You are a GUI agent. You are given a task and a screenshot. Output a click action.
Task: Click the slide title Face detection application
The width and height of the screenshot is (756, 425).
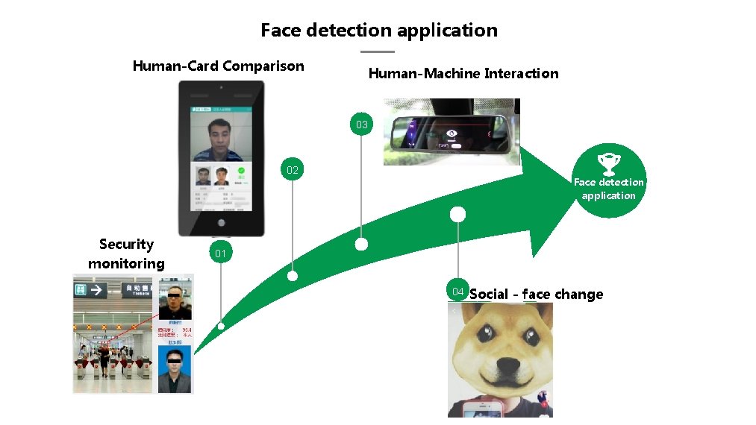pyautogui.click(x=378, y=31)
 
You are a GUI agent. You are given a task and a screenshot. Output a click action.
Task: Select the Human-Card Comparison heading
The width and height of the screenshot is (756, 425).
pyautogui.click(x=218, y=66)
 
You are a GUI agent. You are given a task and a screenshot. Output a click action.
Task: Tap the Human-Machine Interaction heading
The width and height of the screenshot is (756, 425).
pyautogui.click(x=463, y=73)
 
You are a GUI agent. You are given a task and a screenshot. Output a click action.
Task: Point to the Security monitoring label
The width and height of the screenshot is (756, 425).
pyautogui.click(x=126, y=254)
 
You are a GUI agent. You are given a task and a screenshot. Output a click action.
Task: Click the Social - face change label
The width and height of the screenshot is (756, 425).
pyautogui.click(x=536, y=294)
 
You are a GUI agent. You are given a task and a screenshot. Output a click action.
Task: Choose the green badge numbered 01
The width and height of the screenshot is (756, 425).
pyautogui.click(x=220, y=254)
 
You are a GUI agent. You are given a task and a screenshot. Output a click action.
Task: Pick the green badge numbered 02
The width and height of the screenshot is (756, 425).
pyautogui.click(x=292, y=170)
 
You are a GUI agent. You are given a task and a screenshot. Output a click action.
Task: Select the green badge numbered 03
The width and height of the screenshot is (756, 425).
pyautogui.click(x=361, y=125)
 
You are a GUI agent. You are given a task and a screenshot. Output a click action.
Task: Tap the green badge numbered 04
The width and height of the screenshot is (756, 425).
pyautogui.click(x=457, y=292)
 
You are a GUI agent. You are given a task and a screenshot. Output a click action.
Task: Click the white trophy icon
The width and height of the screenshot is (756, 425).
pyautogui.click(x=608, y=161)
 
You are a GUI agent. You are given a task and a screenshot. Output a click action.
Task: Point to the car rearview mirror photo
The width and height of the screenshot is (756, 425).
pyautogui.click(x=452, y=133)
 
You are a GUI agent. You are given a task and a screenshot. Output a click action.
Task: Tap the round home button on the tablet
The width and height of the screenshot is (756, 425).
pyautogui.click(x=221, y=223)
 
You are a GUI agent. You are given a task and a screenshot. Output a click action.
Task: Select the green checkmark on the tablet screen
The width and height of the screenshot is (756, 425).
pyautogui.click(x=241, y=171)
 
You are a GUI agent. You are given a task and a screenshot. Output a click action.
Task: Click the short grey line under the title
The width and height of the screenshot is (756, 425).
pyautogui.click(x=377, y=51)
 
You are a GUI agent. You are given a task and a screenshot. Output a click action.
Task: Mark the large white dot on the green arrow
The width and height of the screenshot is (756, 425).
pyautogui.click(x=457, y=215)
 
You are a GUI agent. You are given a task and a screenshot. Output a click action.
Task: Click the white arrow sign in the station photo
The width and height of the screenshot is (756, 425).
pyautogui.click(x=96, y=289)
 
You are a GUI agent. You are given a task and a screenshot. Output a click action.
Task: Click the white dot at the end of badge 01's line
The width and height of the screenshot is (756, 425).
pyautogui.click(x=221, y=326)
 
